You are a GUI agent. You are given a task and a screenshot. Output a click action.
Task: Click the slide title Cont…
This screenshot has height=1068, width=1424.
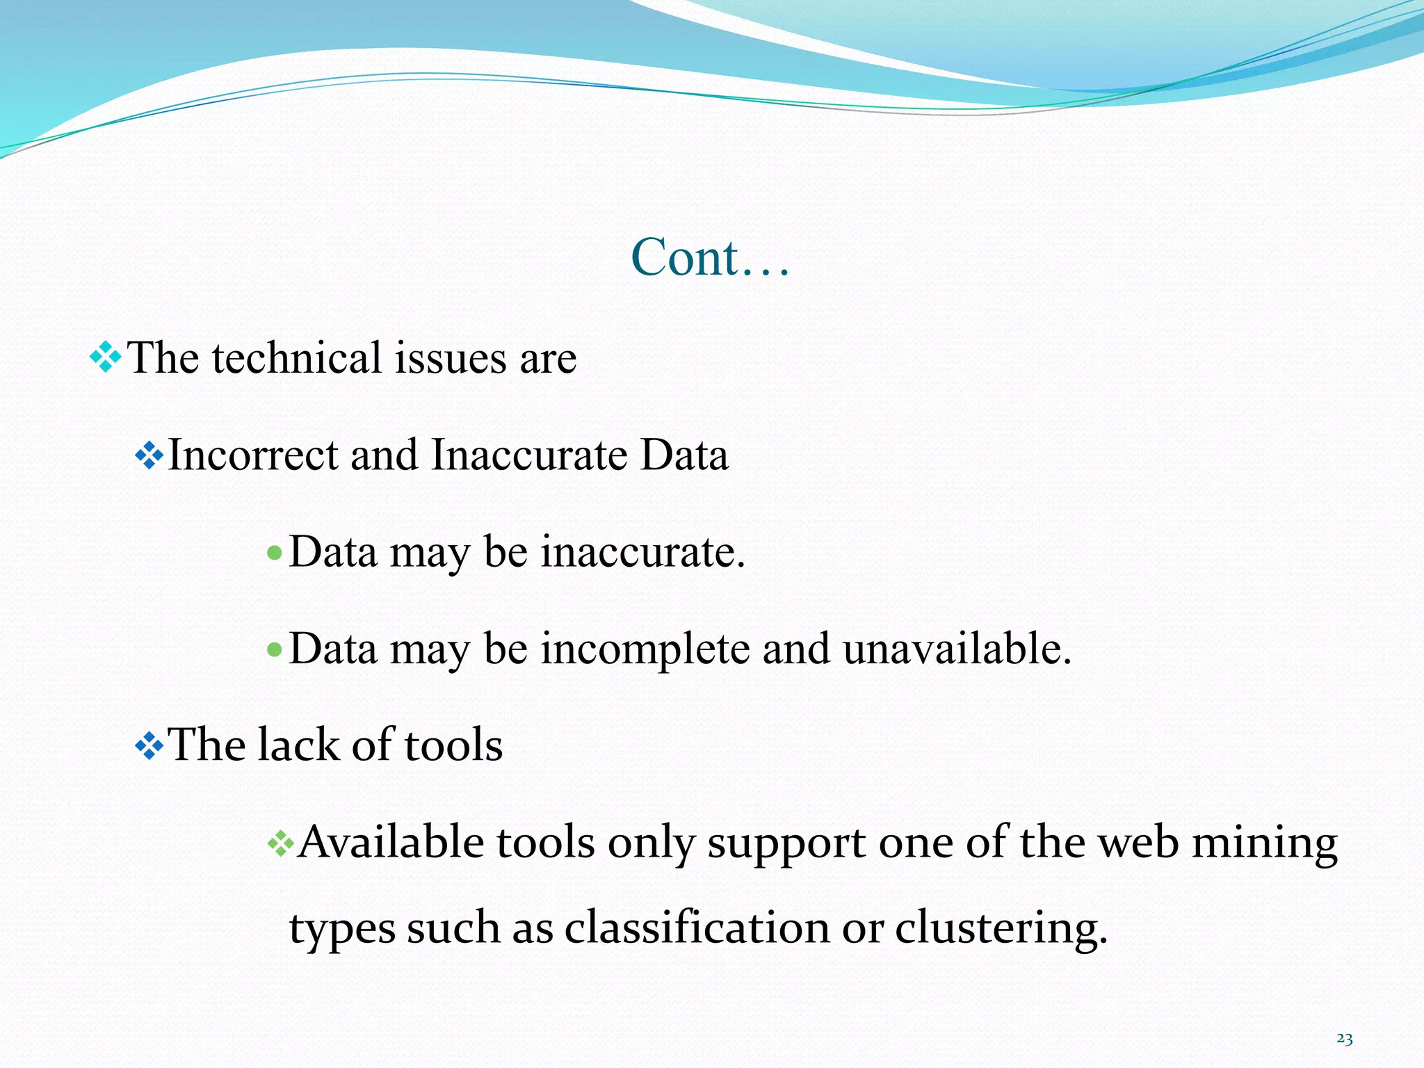(710, 258)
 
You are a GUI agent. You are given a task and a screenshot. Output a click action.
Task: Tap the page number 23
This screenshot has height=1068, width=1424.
(1344, 1039)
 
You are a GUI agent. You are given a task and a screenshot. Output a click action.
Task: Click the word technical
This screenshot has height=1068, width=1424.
(297, 358)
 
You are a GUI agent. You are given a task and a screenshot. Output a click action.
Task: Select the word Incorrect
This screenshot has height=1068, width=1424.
(253, 455)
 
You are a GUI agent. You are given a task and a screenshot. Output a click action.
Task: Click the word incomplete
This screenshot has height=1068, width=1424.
(646, 649)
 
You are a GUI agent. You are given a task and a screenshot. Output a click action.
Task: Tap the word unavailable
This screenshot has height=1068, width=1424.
(957, 649)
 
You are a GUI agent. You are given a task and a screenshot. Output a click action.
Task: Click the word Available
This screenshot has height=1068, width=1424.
(391, 843)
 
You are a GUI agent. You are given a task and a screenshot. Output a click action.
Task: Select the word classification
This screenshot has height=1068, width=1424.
(697, 928)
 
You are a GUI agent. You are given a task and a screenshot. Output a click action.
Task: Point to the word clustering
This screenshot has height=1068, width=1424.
(1001, 928)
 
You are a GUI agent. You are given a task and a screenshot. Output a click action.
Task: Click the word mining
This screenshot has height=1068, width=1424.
(1265, 843)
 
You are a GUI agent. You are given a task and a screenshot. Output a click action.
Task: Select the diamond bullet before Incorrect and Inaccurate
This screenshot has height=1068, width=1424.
(149, 456)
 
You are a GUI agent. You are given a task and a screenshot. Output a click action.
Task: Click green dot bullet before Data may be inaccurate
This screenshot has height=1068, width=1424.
(275, 554)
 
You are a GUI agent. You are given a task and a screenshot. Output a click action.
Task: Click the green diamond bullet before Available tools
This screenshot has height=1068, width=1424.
(280, 844)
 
